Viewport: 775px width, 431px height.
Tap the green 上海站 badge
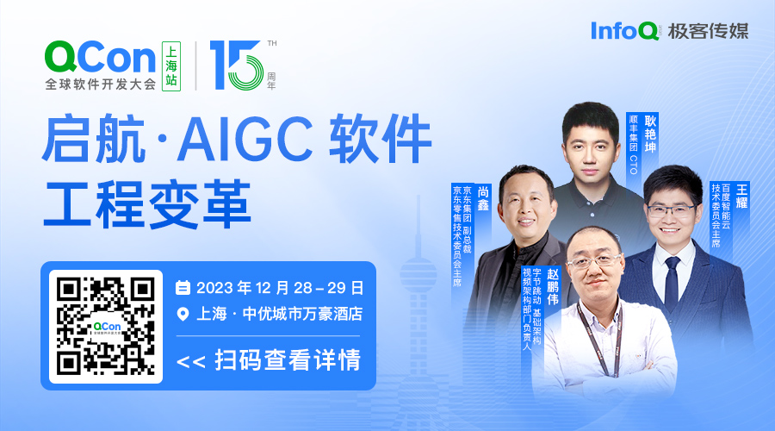(x=171, y=66)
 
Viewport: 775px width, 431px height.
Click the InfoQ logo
(x=625, y=31)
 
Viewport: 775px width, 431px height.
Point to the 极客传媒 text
(x=709, y=31)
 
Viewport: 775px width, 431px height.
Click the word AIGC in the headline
(x=245, y=138)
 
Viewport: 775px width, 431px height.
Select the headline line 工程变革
(x=147, y=204)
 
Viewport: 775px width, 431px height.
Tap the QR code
(x=106, y=326)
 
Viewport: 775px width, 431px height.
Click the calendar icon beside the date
(x=183, y=288)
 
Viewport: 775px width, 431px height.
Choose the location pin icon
(x=183, y=315)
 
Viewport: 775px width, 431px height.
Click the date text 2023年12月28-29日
(x=280, y=288)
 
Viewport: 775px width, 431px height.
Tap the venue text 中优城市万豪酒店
(x=302, y=314)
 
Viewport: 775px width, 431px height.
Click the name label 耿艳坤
(x=650, y=134)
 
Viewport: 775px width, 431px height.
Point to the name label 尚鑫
(x=483, y=198)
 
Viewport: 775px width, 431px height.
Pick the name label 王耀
(x=742, y=197)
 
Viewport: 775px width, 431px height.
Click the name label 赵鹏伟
(x=553, y=286)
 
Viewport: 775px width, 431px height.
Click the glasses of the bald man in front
(x=594, y=261)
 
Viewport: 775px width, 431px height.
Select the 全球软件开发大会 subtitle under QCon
(x=101, y=84)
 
